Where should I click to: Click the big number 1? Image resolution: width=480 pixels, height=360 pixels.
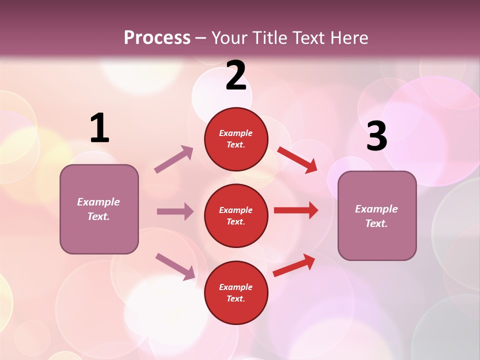pos(99,128)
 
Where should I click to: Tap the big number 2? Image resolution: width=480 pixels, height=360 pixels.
pos(236,75)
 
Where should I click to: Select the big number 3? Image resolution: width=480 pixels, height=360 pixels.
pos(376,136)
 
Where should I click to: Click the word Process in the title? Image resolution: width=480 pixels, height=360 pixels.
pos(157,37)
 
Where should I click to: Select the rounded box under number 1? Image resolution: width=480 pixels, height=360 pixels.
pos(99,209)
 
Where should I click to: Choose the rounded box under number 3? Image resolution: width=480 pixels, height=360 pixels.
pos(377,215)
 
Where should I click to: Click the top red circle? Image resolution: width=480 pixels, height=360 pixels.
pos(236,139)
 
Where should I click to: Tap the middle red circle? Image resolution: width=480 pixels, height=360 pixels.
pos(236,215)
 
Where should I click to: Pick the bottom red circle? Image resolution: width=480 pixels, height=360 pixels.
pos(236,292)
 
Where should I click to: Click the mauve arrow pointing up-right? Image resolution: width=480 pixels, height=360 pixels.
pos(174,159)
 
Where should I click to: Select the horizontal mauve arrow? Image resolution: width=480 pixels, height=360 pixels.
pos(175,211)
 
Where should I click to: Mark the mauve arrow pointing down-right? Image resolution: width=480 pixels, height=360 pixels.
pos(175,266)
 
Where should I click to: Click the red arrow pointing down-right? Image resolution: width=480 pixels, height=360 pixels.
pos(297,159)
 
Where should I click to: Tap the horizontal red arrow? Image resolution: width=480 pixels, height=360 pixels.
pos(296,210)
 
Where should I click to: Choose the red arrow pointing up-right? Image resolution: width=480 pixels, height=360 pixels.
pos(294,265)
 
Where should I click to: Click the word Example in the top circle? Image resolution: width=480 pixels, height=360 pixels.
pos(235,133)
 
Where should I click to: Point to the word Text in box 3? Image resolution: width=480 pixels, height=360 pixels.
pos(376,223)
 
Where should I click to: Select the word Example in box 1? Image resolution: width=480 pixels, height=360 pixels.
pos(98,202)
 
